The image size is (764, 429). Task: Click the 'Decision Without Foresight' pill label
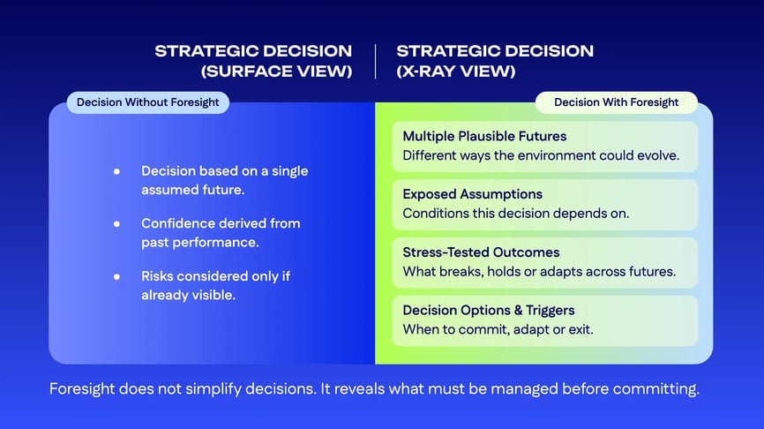pos(147,102)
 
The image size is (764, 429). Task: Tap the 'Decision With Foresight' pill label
pos(616,102)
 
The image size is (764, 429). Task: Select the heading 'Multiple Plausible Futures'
pos(484,136)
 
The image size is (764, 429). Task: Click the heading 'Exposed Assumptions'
pos(472,194)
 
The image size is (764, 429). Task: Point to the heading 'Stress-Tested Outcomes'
pos(481,252)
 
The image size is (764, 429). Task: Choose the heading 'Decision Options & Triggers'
pos(489,310)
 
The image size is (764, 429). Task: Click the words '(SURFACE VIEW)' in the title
pos(277,71)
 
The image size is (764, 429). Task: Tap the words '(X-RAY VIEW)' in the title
pos(456,71)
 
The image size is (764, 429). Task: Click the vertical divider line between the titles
pos(375,61)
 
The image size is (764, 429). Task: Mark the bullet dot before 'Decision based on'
pos(116,171)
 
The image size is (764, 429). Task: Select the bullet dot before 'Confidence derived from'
pos(116,224)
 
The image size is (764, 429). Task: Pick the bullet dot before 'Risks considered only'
pos(116,276)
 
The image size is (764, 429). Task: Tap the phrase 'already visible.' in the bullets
pos(188,295)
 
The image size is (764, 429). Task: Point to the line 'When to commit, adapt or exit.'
pos(498,329)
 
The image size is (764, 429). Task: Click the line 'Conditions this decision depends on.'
pos(515,213)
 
